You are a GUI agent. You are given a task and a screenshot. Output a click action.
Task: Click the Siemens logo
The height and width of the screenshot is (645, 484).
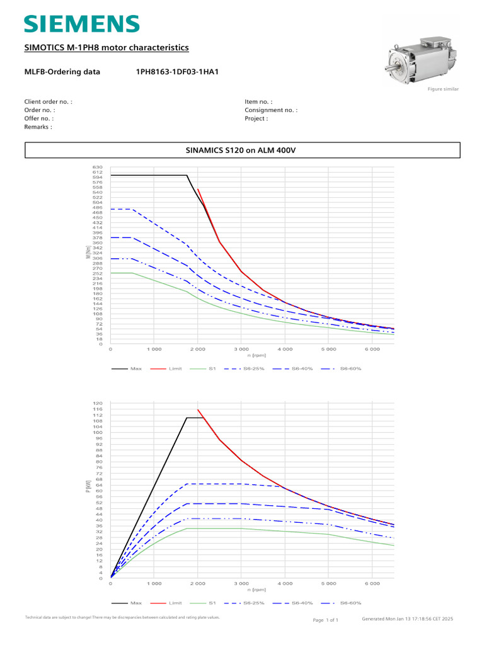(x=81, y=24)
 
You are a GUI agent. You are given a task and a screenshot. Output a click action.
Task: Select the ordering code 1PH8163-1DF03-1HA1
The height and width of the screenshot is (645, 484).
(x=177, y=72)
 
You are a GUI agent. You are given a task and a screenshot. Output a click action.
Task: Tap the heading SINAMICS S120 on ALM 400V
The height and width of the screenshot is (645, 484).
(x=242, y=151)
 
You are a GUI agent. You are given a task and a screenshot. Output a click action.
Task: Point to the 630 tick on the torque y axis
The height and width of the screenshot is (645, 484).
(x=97, y=167)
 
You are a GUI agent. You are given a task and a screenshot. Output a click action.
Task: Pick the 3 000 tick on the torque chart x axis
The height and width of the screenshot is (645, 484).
(x=241, y=348)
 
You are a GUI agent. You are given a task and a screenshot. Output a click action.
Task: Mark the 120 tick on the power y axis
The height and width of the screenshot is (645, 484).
(x=98, y=403)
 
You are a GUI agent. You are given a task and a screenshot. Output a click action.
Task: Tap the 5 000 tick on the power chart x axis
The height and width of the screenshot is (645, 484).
(x=328, y=583)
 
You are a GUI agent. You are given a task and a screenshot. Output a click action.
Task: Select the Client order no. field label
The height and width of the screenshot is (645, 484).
(x=48, y=101)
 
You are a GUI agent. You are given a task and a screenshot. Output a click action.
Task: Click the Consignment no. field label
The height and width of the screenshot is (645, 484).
(x=271, y=110)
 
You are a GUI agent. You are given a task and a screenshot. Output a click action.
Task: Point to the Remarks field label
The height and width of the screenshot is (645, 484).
(x=38, y=127)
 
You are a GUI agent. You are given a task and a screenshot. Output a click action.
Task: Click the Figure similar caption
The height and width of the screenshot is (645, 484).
(x=443, y=89)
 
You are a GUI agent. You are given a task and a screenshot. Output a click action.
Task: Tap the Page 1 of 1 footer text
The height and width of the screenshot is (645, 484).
(x=325, y=620)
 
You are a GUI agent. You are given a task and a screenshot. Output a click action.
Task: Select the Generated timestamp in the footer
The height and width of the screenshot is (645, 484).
(x=408, y=619)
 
